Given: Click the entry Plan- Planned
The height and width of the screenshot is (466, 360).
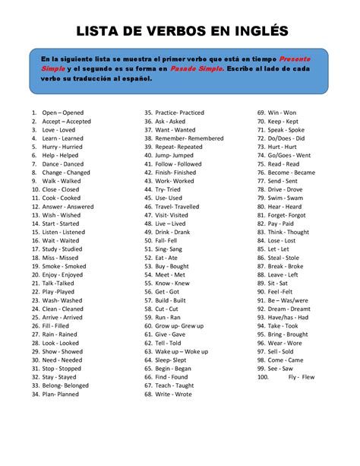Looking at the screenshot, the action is coord(61,395).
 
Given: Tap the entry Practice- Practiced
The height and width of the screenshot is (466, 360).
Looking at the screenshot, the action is coord(179,113).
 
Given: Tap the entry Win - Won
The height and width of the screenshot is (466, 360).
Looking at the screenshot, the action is coord(283,113).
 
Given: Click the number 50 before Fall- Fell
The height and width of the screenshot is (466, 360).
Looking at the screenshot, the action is coord(148,240).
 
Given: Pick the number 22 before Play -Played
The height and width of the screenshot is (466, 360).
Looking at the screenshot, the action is coord(35,292).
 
